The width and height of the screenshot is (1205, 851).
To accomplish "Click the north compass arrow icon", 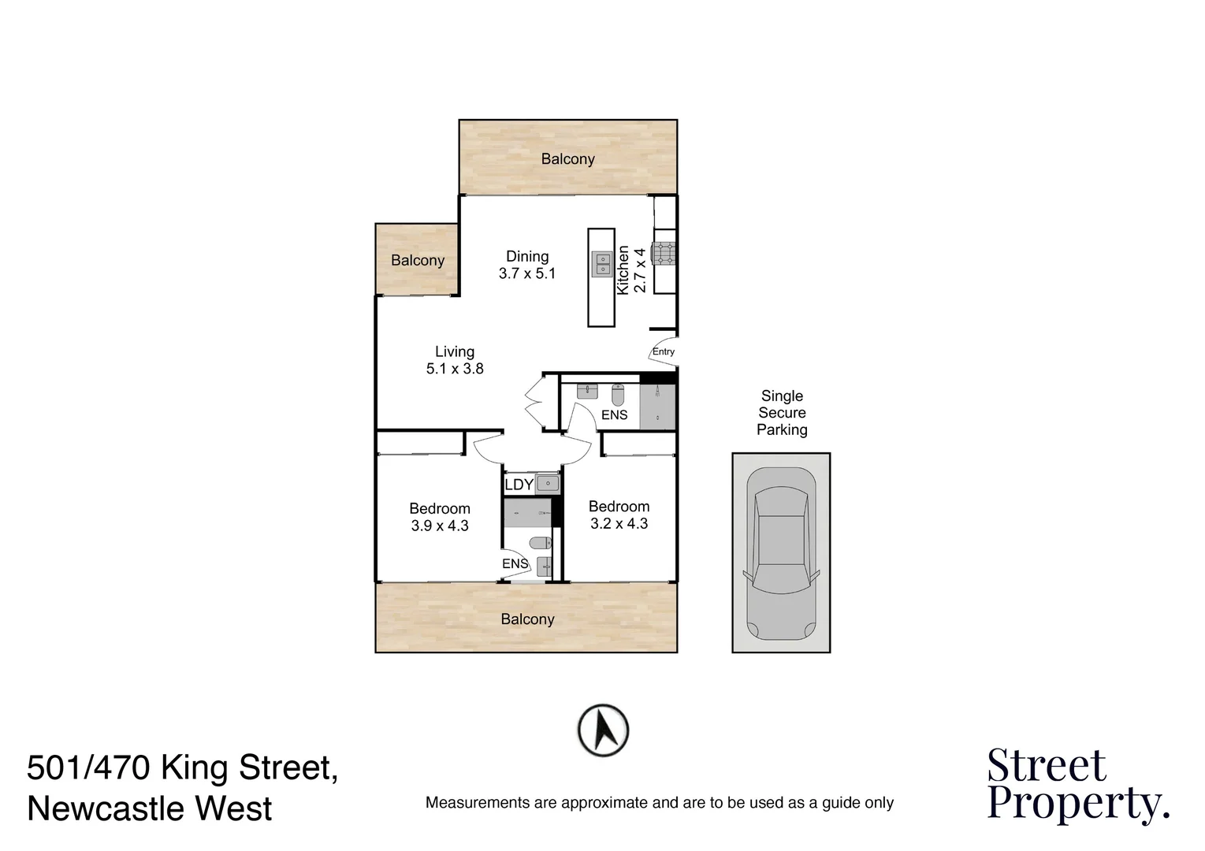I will pyautogui.click(x=603, y=730).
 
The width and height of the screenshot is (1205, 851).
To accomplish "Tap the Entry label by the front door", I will pyautogui.click(x=664, y=351).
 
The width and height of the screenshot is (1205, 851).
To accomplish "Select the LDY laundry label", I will pyautogui.click(x=519, y=485).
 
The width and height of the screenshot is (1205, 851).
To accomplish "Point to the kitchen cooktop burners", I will pyautogui.click(x=664, y=253).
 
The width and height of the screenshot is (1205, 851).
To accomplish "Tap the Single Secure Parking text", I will pyautogui.click(x=782, y=413).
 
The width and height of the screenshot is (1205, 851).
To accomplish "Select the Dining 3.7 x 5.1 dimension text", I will pyautogui.click(x=527, y=266).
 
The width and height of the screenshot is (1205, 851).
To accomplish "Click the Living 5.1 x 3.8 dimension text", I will pyautogui.click(x=455, y=360).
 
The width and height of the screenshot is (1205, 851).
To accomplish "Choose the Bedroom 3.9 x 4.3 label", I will pyautogui.click(x=440, y=517).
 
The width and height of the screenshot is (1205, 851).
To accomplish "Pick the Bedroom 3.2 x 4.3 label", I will pyautogui.click(x=619, y=515).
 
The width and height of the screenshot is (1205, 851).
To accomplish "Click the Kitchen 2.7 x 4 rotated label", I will pyautogui.click(x=631, y=269).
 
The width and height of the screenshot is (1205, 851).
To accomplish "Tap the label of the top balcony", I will pyautogui.click(x=567, y=159).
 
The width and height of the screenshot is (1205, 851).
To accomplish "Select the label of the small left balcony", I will pyautogui.click(x=418, y=261).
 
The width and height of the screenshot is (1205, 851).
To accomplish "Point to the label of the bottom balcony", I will pyautogui.click(x=527, y=619).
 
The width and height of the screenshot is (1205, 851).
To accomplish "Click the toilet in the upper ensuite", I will pyautogui.click(x=617, y=394).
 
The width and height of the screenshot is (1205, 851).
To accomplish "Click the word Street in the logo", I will pyautogui.click(x=1047, y=765).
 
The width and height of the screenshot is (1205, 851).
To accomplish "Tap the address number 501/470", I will pyautogui.click(x=88, y=767).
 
